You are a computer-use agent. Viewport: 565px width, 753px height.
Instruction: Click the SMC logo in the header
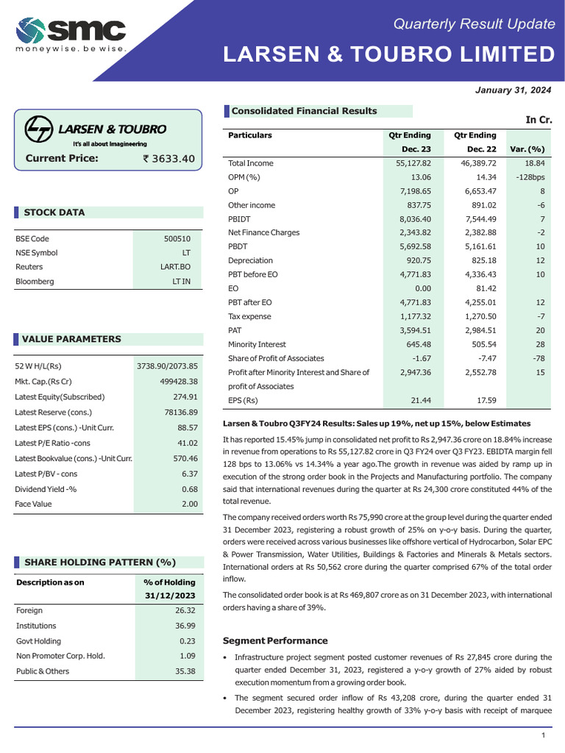coord(71,33)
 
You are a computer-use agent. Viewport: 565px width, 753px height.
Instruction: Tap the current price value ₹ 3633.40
coord(168,158)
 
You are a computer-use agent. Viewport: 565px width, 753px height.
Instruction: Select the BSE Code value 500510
coord(177,239)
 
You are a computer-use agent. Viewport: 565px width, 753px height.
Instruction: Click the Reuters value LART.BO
coord(175,267)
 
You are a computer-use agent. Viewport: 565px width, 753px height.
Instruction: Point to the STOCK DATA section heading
coord(54,213)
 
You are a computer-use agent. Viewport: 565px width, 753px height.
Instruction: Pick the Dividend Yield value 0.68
coord(189,490)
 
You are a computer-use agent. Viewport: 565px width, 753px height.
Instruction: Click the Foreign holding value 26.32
coord(185,610)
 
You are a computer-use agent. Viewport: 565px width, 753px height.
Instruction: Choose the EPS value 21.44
coord(419,401)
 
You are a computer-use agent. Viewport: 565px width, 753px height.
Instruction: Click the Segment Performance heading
coord(274,640)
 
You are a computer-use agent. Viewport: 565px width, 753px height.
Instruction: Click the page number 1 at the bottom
coord(543,736)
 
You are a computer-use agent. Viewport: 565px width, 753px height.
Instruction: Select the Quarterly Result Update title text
coord(474,24)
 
